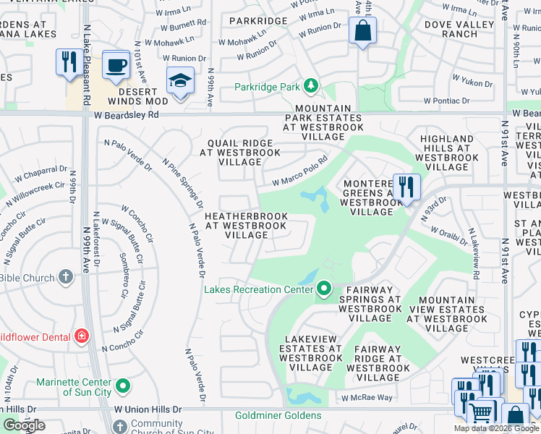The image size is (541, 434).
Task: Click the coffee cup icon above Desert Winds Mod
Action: [x=116, y=65]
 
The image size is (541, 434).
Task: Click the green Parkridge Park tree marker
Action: [x=311, y=87]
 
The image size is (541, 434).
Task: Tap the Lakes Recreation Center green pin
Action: [x=324, y=289]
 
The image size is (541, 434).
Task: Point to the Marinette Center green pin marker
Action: [x=122, y=387]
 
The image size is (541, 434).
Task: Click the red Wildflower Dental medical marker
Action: [x=82, y=336]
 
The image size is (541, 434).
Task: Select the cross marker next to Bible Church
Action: [x=66, y=277]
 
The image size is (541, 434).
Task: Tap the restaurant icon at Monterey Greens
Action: [x=406, y=187]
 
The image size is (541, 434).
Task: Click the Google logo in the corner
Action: [x=24, y=425]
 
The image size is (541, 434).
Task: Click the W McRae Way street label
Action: [x=367, y=398]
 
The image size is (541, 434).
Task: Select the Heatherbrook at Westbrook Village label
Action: [x=246, y=226]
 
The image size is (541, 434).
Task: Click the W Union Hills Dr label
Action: [x=148, y=409]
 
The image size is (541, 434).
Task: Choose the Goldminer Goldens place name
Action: [x=278, y=415]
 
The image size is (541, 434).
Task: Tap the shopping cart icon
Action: [x=481, y=413]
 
